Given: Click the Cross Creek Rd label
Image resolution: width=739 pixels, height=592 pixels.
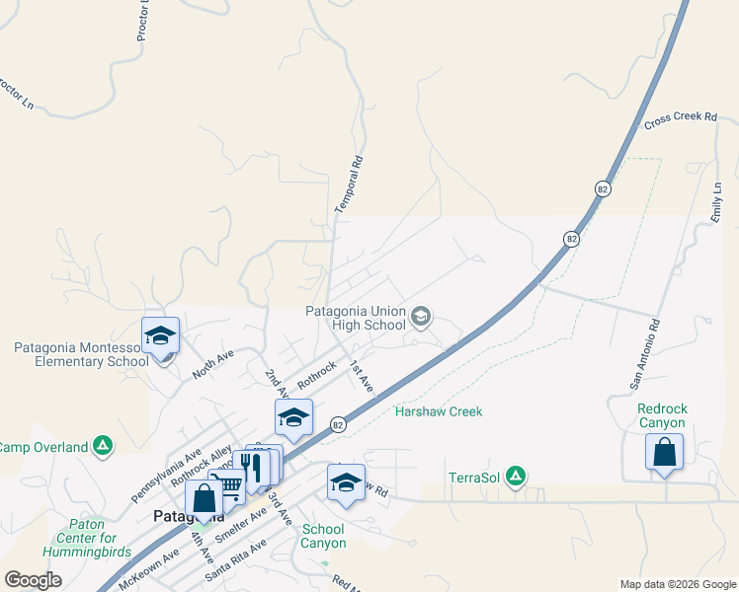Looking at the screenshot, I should [x=680, y=118].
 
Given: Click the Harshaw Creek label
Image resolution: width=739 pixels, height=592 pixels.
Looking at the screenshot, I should [x=439, y=411].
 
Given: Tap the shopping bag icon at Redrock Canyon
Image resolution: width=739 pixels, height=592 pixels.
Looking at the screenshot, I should [x=665, y=452].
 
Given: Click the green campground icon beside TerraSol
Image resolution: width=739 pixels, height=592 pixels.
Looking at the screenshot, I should [x=515, y=478].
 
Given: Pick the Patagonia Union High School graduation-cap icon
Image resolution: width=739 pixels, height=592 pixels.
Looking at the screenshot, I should [x=421, y=317].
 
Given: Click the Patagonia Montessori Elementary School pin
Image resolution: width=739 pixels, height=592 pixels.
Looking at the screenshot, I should [x=160, y=335].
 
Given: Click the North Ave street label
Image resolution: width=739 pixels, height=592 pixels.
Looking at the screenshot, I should [x=211, y=363].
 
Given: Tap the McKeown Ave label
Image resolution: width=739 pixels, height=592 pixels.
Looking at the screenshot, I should [x=148, y=569].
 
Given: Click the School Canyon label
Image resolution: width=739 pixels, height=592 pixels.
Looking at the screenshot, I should [x=323, y=536].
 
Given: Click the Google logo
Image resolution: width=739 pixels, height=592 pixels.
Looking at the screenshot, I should [x=33, y=580].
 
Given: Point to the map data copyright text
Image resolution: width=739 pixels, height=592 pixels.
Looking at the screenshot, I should [x=677, y=584].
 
